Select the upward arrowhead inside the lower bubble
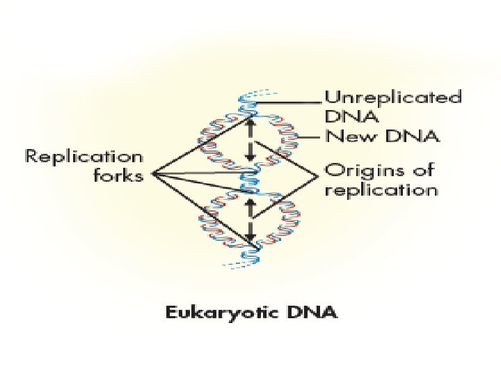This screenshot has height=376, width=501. pos(252,203)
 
